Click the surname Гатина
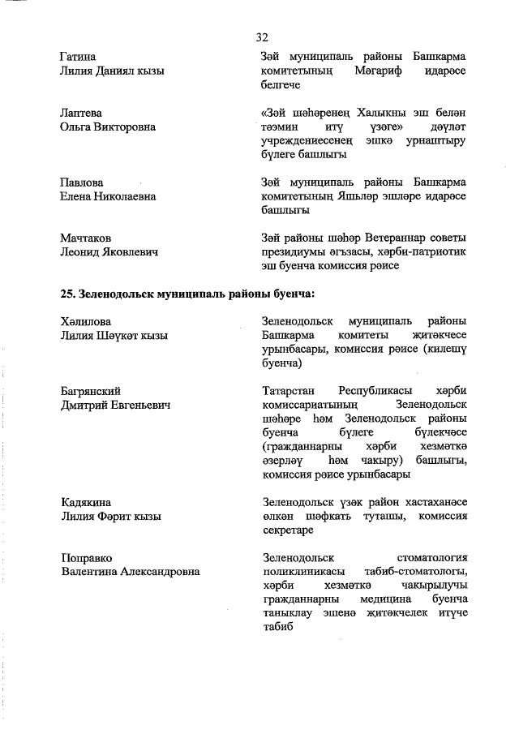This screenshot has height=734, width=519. point(78,57)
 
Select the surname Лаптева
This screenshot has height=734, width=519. point(81,113)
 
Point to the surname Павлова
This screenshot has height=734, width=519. point(81,182)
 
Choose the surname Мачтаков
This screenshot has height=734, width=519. point(85,238)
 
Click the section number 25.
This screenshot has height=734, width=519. point(68,293)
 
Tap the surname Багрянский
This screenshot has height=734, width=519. point(91,391)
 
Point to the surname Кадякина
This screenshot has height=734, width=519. point(85,502)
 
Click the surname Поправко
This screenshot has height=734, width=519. point(86,558)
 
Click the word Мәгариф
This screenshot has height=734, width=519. point(378,71)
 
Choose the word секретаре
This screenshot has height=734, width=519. point(290,530)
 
